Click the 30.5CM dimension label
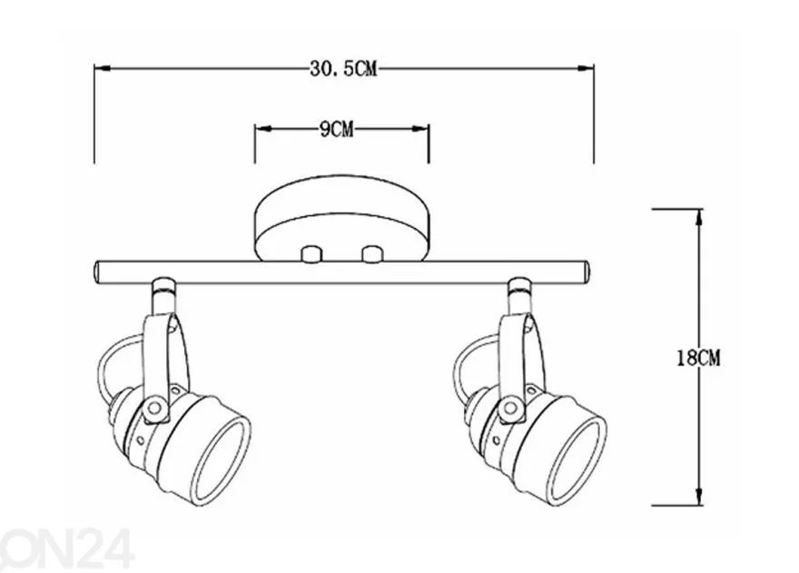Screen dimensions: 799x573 (x=343, y=69)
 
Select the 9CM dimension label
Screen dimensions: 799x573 (x=336, y=130)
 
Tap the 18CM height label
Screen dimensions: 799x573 (x=698, y=358)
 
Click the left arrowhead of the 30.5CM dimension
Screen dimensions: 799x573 (x=103, y=69)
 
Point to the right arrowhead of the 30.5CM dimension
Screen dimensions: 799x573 (x=586, y=69)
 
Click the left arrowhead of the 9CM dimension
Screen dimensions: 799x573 (x=263, y=129)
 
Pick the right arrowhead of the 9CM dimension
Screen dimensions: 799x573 (x=420, y=129)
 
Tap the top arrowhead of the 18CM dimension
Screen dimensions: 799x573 (x=699, y=217)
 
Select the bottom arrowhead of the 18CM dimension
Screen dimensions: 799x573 (x=699, y=497)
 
